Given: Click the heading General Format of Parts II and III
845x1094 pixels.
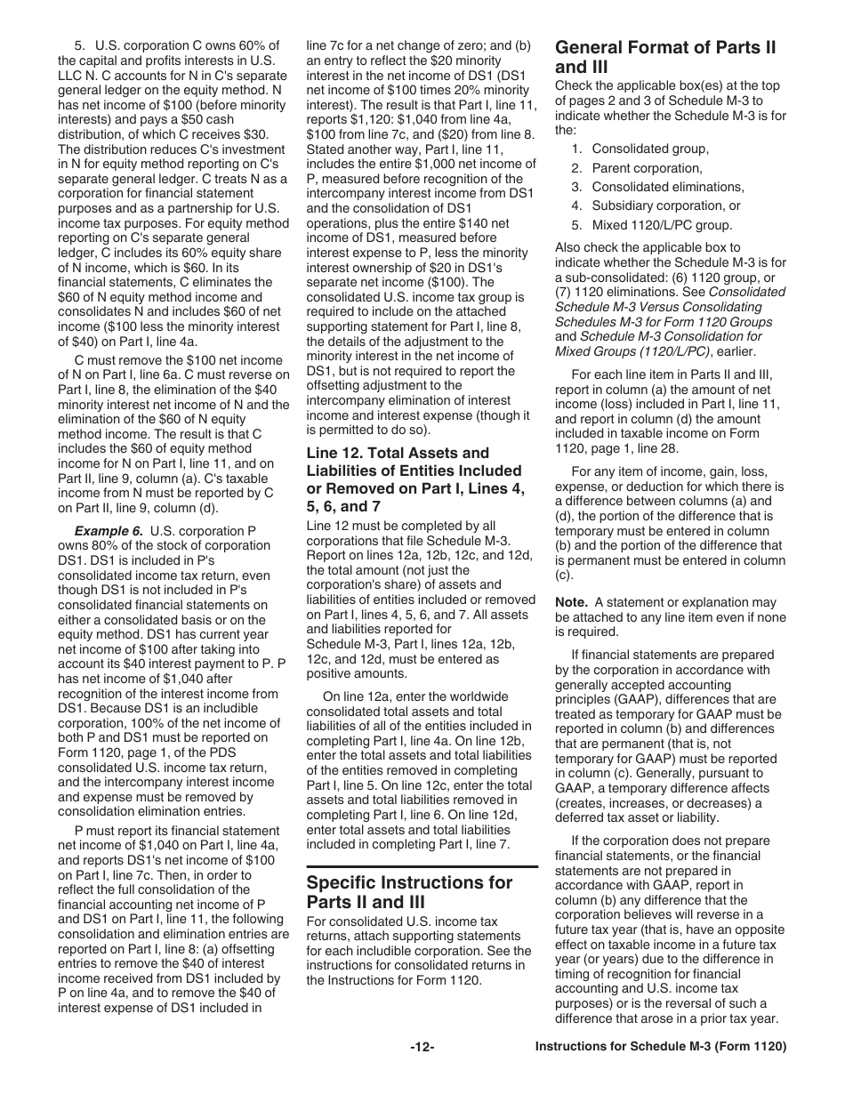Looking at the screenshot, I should [x=665, y=57].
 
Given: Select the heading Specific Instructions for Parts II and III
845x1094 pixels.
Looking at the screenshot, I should [x=409, y=893].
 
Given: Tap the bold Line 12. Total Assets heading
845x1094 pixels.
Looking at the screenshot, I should [x=414, y=479].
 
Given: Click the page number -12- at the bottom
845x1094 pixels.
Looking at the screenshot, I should [x=422, y=1048].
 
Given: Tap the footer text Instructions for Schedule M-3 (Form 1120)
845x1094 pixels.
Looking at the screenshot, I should [x=661, y=1048].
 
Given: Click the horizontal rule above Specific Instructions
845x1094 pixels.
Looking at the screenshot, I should [x=422, y=865].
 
